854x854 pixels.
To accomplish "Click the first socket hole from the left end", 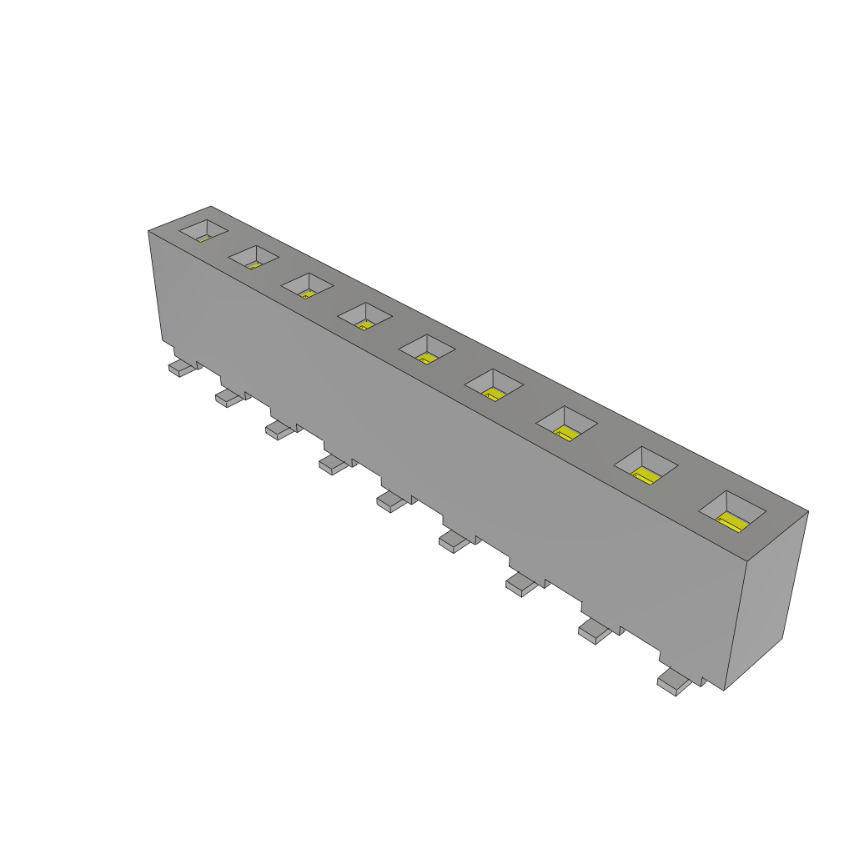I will [x=204, y=230].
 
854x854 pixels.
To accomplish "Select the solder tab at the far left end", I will [x=183, y=367].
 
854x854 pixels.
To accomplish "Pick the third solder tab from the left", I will [x=280, y=430].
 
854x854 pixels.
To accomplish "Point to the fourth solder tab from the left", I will [x=334, y=465].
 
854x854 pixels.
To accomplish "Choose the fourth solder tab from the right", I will [x=455, y=542].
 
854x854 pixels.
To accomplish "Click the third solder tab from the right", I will [x=523, y=585].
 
